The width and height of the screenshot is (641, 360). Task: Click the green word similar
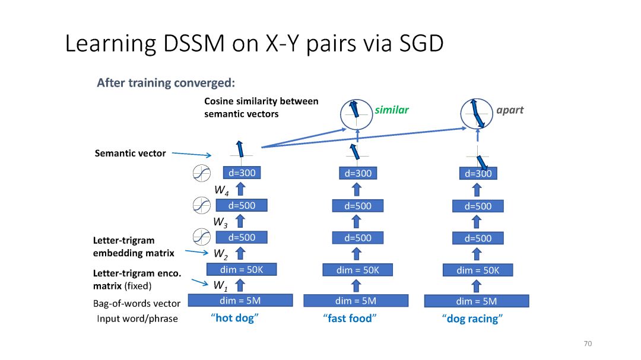[392, 110]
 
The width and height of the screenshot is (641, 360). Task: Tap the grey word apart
[510, 110]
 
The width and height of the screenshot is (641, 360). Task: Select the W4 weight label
[221, 190]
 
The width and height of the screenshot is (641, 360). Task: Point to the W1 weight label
[220, 286]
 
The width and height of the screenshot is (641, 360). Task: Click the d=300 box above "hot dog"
[242, 173]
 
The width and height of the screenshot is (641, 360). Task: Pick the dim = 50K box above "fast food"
[358, 270]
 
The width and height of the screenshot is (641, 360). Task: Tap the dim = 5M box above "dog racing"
[477, 301]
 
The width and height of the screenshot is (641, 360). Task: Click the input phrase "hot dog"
[234, 318]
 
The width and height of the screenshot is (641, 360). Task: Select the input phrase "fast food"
[350, 318]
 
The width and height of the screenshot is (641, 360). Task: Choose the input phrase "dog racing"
[472, 318]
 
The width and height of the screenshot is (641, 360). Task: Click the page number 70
[588, 343]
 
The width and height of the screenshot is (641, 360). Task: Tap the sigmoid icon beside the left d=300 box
[202, 173]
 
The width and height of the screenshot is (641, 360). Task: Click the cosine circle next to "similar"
[357, 115]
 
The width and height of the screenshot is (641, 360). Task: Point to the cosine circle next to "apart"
[477, 114]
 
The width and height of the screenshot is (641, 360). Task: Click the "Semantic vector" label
[131, 153]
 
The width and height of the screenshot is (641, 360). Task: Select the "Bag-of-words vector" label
[137, 304]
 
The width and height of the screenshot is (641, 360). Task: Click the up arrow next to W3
[240, 221]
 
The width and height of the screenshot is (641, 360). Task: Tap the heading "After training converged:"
[166, 83]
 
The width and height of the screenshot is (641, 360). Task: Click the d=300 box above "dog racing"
[478, 174]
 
